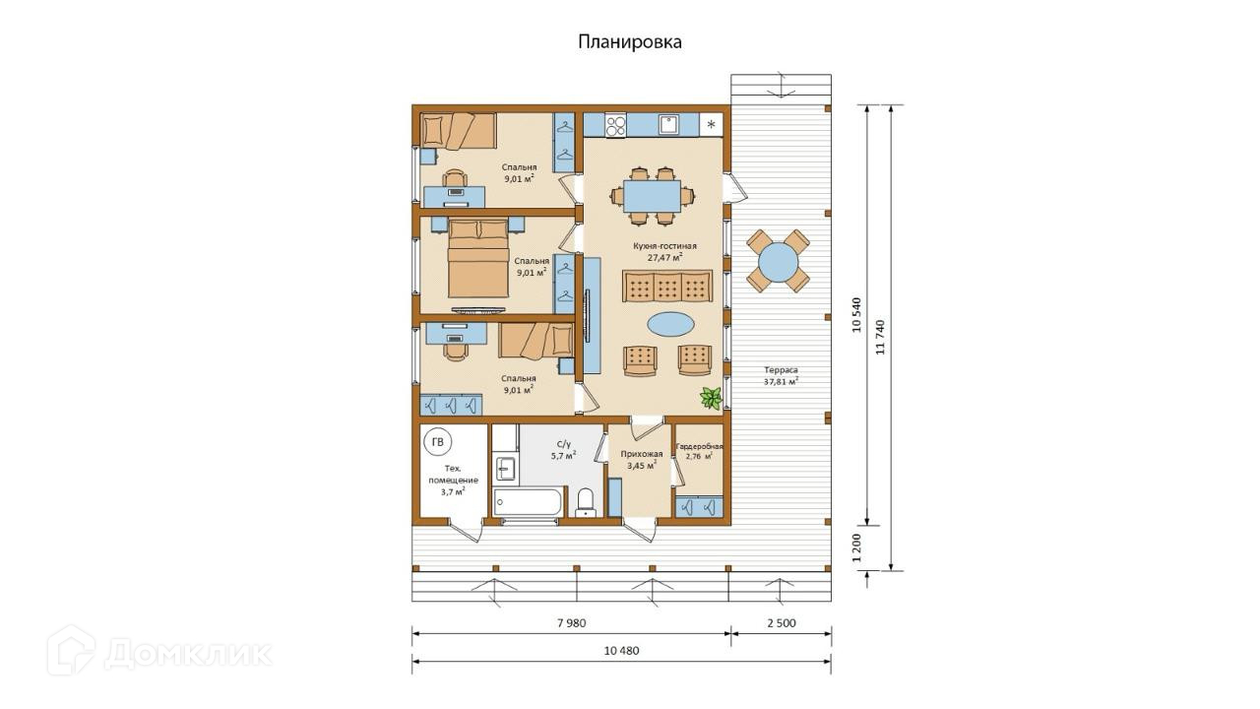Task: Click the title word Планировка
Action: point(630,42)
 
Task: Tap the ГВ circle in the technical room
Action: point(438,442)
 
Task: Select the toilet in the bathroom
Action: point(586,502)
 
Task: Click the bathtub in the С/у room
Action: point(528,502)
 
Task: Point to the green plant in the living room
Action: point(711,399)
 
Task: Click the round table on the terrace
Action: point(778,261)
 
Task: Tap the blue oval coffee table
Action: point(670,324)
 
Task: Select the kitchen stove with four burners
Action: point(615,125)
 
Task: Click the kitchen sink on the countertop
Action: point(668,124)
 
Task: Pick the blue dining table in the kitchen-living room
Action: point(653,196)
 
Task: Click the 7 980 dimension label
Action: point(572,623)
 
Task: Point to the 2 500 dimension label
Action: point(782,623)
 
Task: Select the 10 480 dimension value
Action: point(621,651)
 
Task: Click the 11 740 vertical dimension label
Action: point(880,337)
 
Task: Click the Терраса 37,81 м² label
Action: point(781,376)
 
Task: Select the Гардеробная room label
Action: point(699,446)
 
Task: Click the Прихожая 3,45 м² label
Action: point(642,460)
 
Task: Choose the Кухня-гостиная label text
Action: point(664,246)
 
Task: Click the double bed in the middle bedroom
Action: point(478,259)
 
